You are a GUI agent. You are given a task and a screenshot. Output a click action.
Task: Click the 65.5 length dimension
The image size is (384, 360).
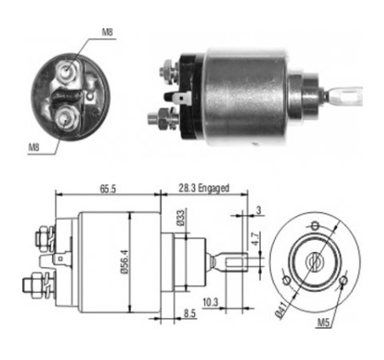point(108,189)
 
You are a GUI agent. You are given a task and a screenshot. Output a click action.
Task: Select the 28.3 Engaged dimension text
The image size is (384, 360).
point(203,188)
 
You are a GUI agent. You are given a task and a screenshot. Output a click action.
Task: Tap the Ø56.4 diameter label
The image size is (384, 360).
point(125,261)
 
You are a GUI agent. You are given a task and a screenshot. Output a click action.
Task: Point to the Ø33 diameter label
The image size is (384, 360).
point(181,218)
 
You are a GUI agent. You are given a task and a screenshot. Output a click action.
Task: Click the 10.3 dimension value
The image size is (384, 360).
point(210,302)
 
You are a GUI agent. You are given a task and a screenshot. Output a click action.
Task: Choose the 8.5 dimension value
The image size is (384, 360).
point(190,314)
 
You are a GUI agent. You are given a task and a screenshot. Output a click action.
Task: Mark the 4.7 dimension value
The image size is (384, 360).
point(255,239)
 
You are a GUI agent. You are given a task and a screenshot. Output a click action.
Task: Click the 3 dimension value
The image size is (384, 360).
point(258,210)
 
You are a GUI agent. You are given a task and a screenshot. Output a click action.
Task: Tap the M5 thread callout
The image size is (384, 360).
point(324,323)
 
